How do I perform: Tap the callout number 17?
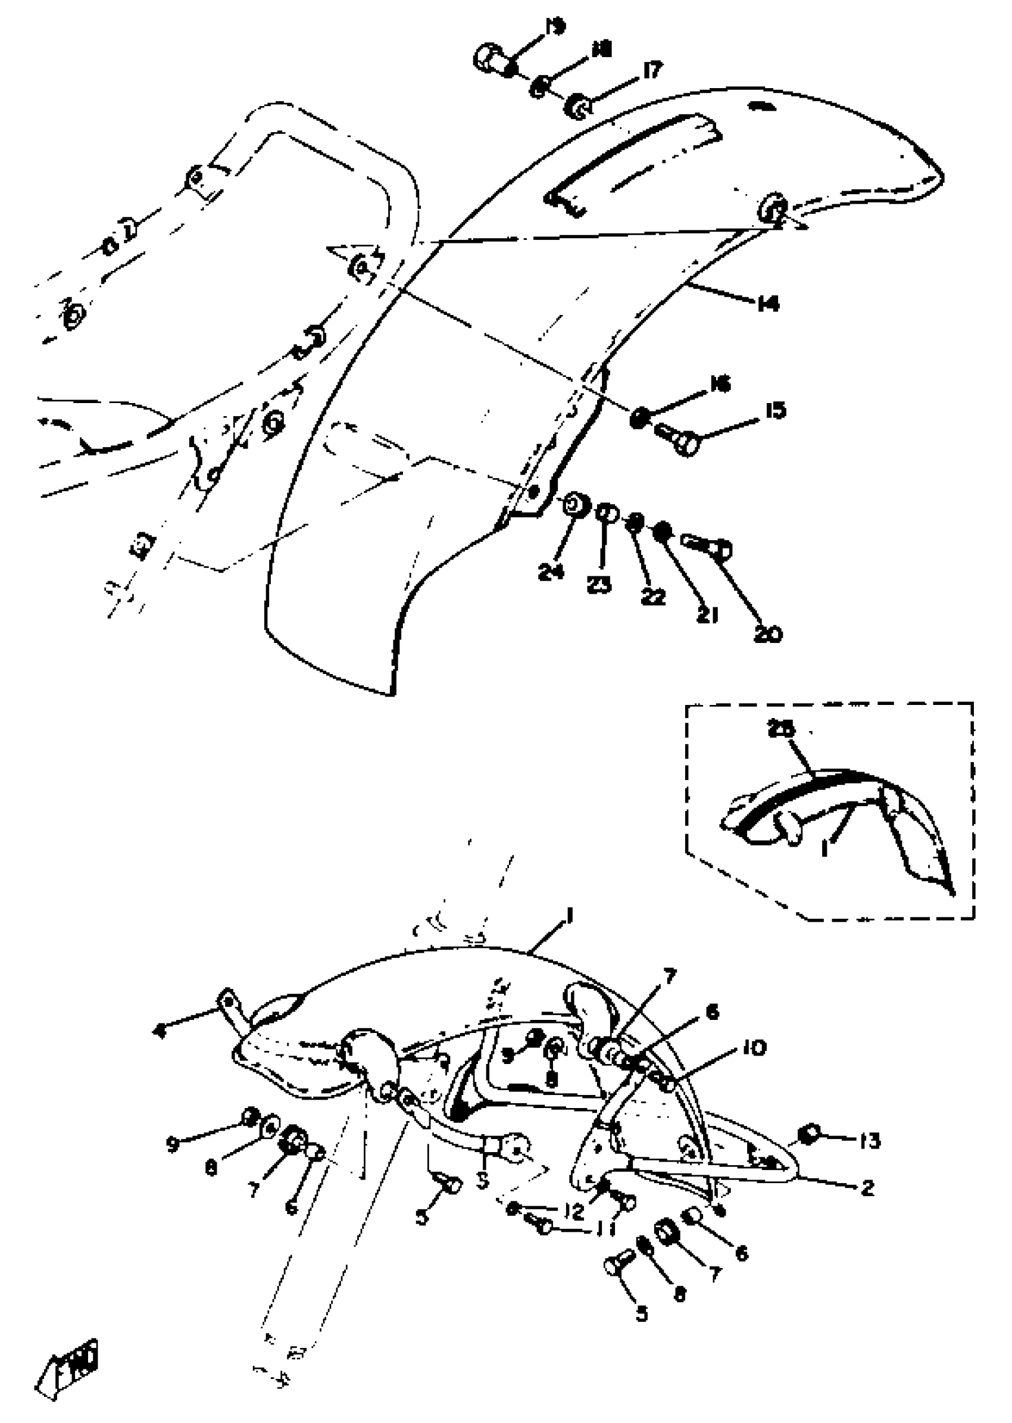pyautogui.click(x=651, y=70)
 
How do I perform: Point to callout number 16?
pyautogui.click(x=720, y=384)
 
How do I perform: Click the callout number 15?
pyautogui.click(x=774, y=411)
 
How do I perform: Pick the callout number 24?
pyautogui.click(x=551, y=572)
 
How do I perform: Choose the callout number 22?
pyautogui.click(x=653, y=597)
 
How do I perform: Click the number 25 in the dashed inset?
pyautogui.click(x=782, y=730)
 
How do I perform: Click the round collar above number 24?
pyautogui.click(x=575, y=505)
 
